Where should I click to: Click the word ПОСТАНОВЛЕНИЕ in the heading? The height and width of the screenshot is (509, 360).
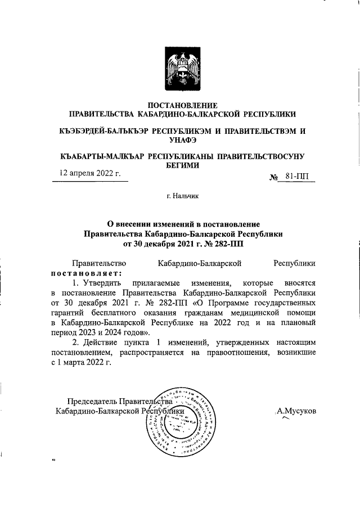click(x=182, y=105)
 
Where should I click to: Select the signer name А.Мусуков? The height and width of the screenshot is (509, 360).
click(x=296, y=411)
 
